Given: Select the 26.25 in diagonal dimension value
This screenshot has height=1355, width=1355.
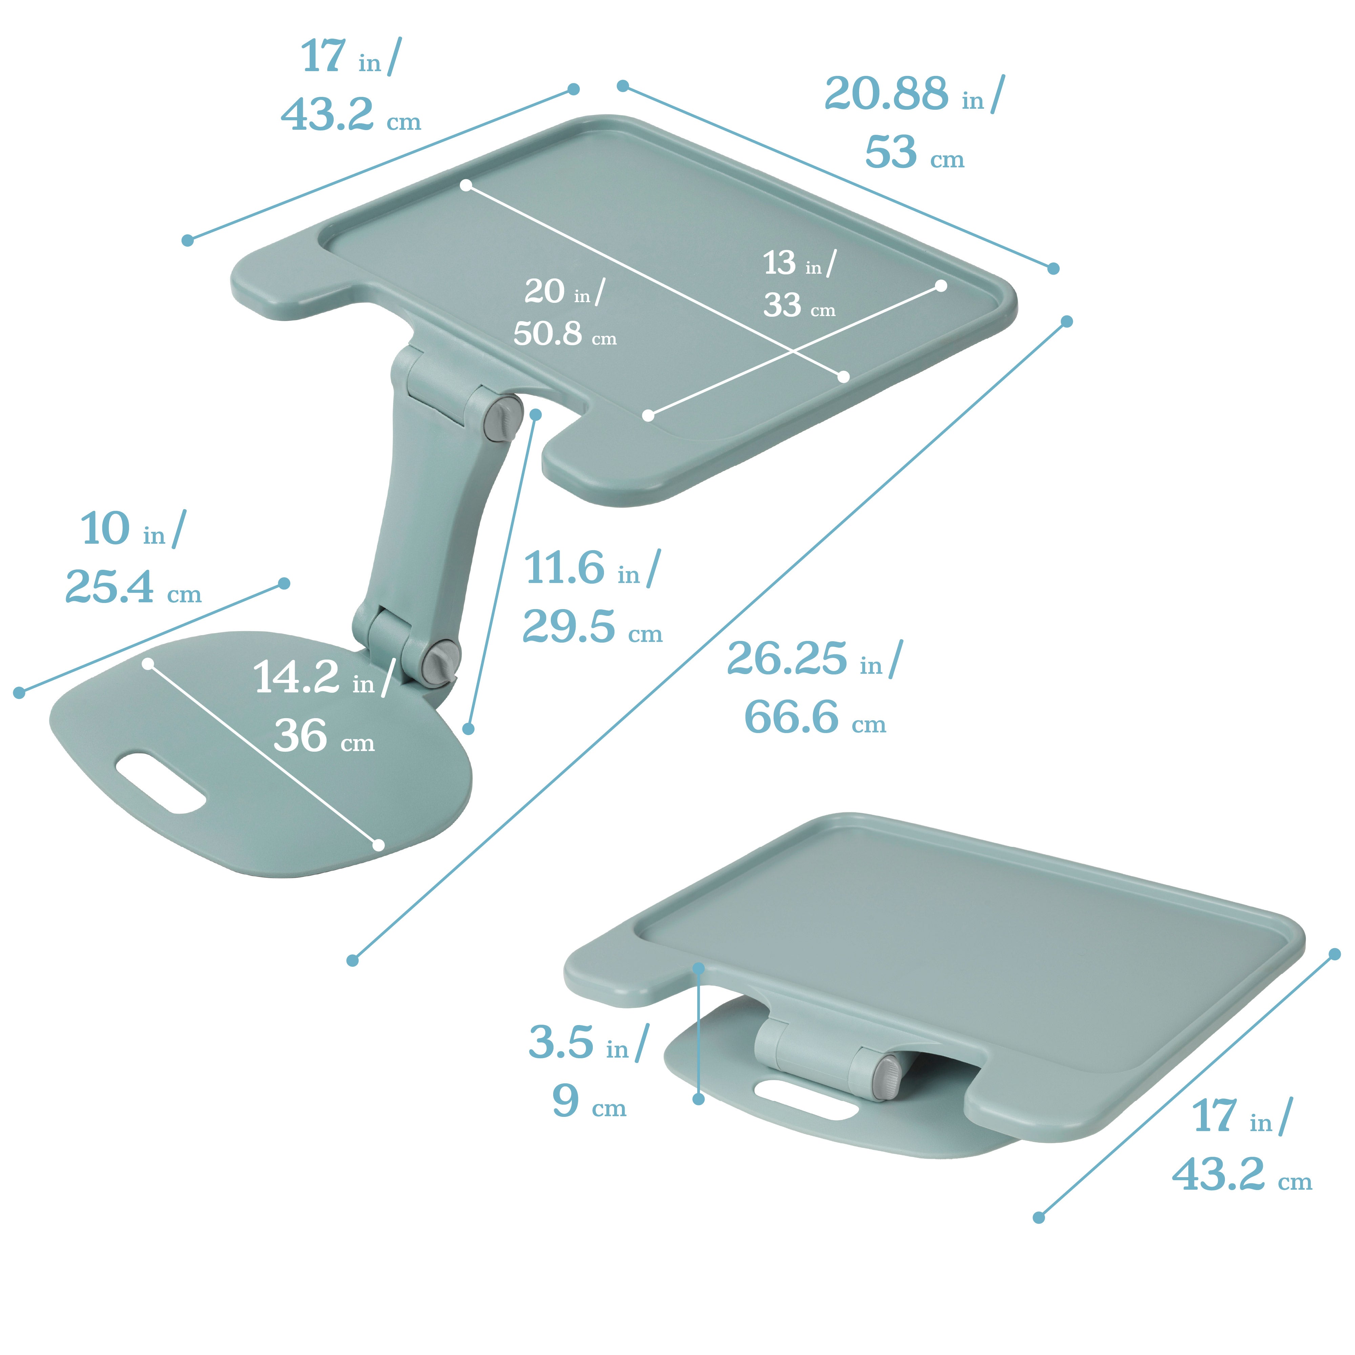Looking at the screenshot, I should tap(787, 659).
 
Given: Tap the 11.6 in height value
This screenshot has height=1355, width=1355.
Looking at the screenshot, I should tap(565, 568).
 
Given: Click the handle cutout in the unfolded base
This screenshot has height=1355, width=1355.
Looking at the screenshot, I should tap(161, 784).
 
